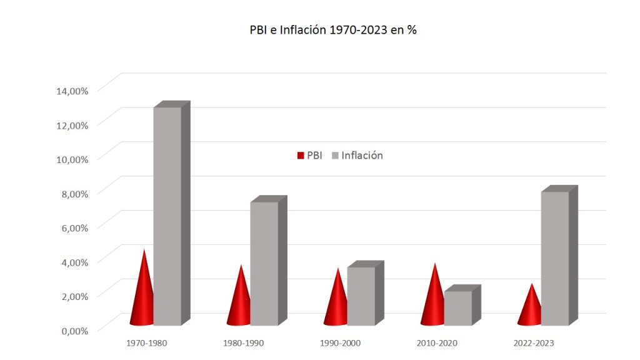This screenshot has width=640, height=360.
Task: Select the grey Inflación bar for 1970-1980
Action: coord(167,216)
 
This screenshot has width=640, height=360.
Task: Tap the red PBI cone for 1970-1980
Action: coord(143,297)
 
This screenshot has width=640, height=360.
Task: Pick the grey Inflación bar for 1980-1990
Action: coord(264,262)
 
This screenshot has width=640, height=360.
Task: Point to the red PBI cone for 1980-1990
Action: coord(239,303)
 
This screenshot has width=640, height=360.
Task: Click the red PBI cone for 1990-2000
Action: coord(337,305)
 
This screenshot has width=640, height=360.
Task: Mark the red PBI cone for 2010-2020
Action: coord(433,302)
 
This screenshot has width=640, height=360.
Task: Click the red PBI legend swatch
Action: coord(300,156)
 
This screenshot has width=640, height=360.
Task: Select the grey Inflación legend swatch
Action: coord(334,156)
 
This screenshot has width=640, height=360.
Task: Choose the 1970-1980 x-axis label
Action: coord(146,343)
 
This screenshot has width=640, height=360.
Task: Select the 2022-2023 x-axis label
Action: coord(533,343)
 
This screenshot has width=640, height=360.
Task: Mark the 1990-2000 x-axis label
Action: coord(340,343)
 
